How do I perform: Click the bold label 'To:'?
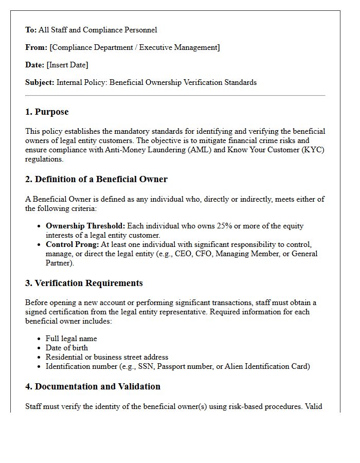pyautogui.click(x=31, y=30)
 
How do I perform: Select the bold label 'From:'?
pyautogui.click(x=36, y=47)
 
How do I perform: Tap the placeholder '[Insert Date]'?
pyautogui.click(x=67, y=65)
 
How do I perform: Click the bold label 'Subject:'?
pyautogui.click(x=40, y=82)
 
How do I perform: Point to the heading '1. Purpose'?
pyautogui.click(x=47, y=112)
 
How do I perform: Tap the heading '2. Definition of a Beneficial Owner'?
pyautogui.click(x=96, y=180)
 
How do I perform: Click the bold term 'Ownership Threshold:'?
pyautogui.click(x=85, y=226)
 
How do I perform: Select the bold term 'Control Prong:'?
pyautogui.click(x=72, y=244)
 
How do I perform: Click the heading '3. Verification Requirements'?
pyautogui.click(x=84, y=283)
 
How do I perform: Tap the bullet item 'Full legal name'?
pyautogui.click(x=71, y=339)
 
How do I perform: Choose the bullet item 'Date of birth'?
pyautogui.click(x=67, y=348)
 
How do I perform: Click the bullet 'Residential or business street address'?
pyautogui.click(x=107, y=357)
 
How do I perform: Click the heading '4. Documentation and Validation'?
pyautogui.click(x=93, y=387)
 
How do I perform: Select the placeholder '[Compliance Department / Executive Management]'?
pyautogui.click(x=135, y=47)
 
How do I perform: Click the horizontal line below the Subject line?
pyautogui.click(x=175, y=96)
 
